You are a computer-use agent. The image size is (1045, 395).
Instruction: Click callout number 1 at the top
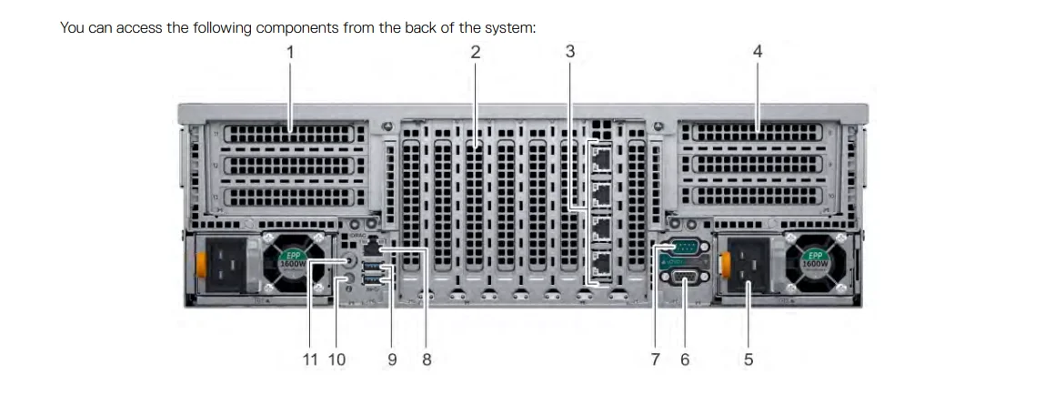290,52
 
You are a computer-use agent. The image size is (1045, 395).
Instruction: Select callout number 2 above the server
475,52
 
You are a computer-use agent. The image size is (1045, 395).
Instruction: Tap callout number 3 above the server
570,52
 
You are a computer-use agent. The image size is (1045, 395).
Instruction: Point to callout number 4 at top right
758,52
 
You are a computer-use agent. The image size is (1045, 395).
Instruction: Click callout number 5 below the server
749,360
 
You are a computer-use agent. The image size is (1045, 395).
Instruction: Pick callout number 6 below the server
685,360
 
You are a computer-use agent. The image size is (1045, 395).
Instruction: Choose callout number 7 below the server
656,360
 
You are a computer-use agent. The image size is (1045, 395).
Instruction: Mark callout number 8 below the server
427,360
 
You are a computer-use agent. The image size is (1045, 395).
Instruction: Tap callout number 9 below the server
392,360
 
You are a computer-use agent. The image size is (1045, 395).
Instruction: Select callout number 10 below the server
337,360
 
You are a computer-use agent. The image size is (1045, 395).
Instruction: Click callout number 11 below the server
310,360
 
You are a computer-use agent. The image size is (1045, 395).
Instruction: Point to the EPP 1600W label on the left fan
291,258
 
